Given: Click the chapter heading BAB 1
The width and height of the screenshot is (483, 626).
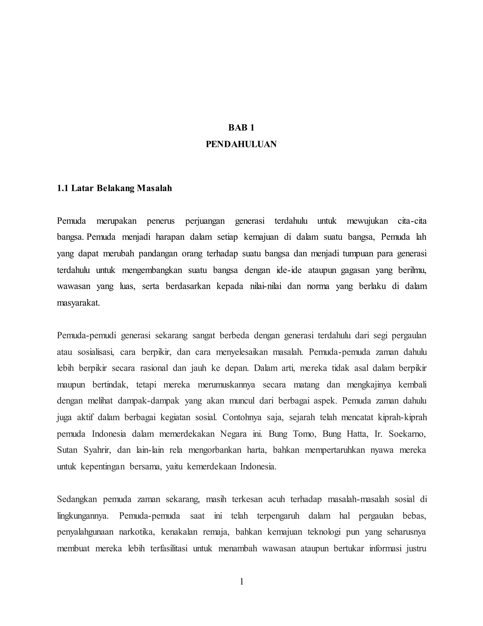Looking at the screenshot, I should pos(241,128).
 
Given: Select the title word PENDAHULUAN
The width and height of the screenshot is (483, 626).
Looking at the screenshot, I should pos(241,144).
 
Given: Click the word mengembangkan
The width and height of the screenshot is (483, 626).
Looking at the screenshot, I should pos(152,270).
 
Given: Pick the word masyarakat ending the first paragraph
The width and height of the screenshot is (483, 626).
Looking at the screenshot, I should pos(78,303).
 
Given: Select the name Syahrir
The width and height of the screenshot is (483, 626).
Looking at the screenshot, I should pos(97,450).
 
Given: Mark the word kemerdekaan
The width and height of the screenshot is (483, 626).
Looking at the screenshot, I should pos(212,467).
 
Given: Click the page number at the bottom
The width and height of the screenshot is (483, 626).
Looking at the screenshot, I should pos(241,582).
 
